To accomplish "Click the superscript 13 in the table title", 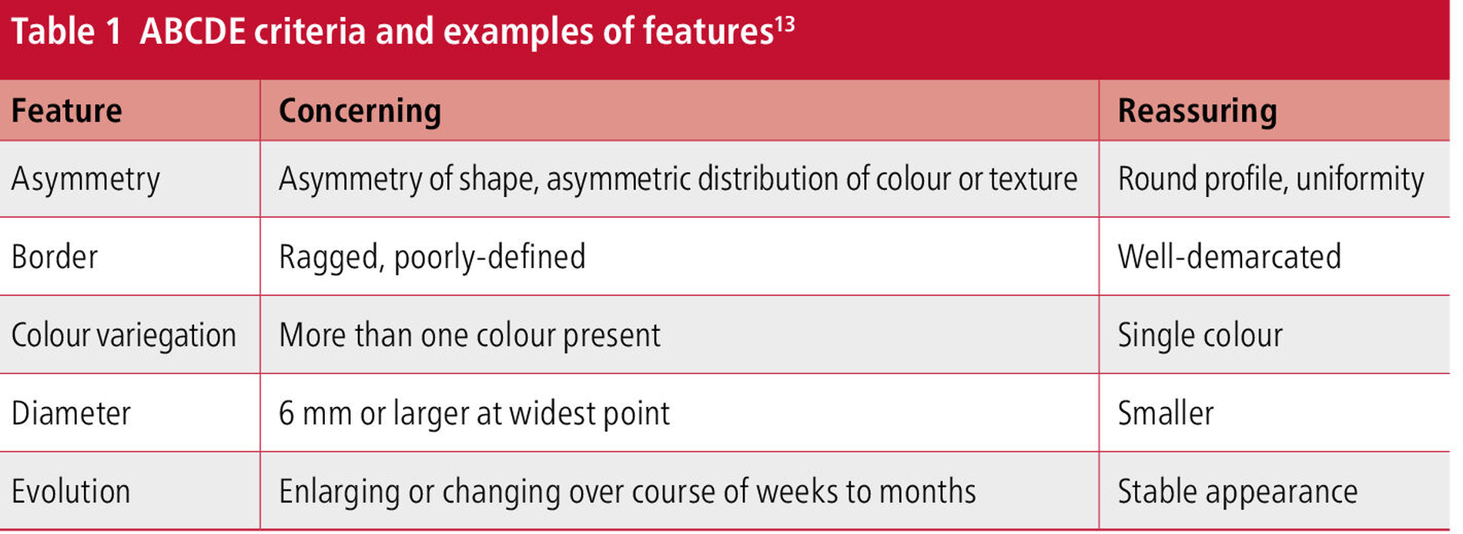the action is pos(785,24).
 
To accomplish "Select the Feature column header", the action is pos(66,111).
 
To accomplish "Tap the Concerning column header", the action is pos(360,112).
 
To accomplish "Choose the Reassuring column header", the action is pos(1197,112).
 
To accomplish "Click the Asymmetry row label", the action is pos(85,179).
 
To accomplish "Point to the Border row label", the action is pos(55,257).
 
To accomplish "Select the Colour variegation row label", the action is pos(123,335).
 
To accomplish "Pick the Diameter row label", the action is pos(71,413).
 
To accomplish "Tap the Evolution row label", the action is pos(71,492).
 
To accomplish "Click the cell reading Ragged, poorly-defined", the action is pos(432,258).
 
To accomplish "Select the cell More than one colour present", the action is pos(470,335).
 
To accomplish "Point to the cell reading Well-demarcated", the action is pos(1229,257).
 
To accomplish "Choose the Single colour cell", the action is pos(1200,335).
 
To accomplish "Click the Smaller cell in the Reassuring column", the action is pos(1166,413).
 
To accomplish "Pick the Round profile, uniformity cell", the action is pos(1270,179).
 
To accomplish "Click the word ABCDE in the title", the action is pos(192,32).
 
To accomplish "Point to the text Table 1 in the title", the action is pos(66,32).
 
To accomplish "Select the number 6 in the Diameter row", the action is pos(286,414).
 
